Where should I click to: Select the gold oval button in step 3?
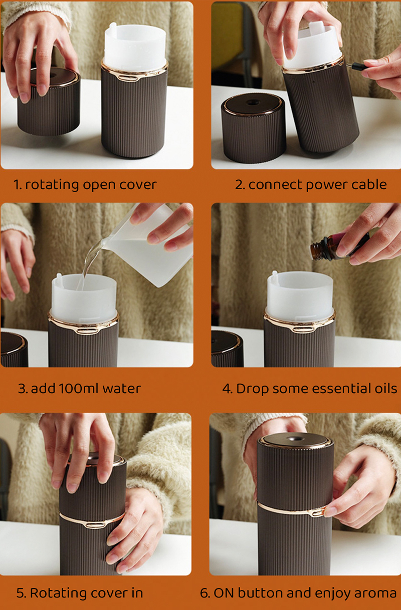pyautogui.click(x=87, y=331)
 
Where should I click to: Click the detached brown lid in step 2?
pyautogui.click(x=253, y=128)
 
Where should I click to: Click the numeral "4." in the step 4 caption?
pyautogui.click(x=227, y=388)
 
